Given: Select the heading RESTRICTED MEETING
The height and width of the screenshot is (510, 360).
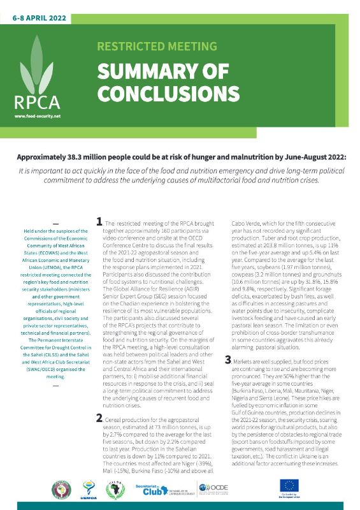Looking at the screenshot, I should pyautogui.click(x=157, y=47).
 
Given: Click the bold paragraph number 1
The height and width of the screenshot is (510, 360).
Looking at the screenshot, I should pyautogui.click(x=99, y=222).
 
